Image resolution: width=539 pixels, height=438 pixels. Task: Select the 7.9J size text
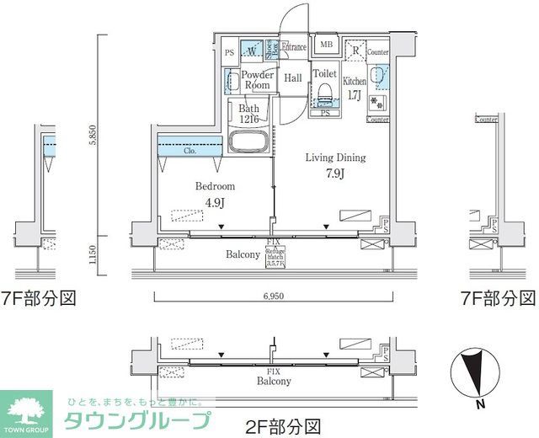coord(334,175)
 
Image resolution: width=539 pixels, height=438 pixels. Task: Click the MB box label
coord(325,45)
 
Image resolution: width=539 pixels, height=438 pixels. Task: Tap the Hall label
coord(293,78)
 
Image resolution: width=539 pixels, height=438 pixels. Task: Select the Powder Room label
coord(257,80)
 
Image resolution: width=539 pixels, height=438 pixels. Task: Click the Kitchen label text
coord(354,81)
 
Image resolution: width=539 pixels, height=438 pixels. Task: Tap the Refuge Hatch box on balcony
coord(275,255)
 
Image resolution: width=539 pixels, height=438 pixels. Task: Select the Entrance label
coord(293,46)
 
